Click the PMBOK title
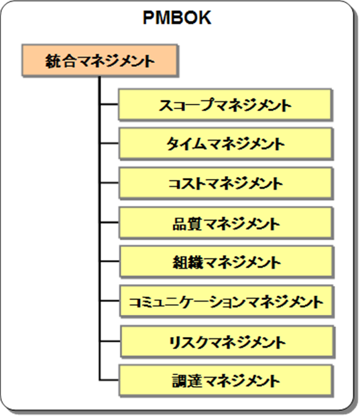point(177,17)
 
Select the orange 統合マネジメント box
point(100,60)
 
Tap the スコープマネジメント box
point(225,105)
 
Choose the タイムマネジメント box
point(225,143)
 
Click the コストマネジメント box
point(226,183)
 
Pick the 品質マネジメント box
point(226,222)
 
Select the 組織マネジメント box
point(226,262)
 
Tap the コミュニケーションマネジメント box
point(226,301)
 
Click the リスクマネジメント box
point(227,342)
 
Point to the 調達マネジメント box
point(225,380)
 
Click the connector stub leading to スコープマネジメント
point(110,105)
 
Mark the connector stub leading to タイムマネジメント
point(110,143)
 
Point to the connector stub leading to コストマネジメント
point(110,183)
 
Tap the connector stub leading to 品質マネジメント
point(110,222)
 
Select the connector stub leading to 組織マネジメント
point(110,262)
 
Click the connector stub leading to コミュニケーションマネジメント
point(111,301)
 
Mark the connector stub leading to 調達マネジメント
point(109,380)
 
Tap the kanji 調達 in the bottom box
point(188,381)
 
